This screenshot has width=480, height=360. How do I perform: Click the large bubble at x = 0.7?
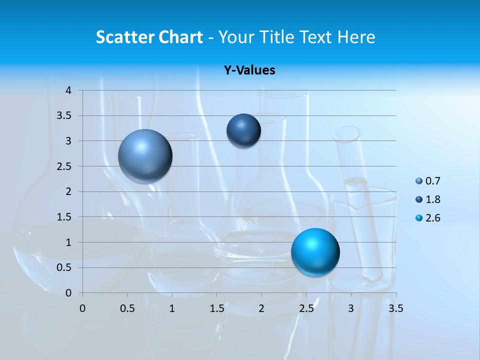[x=145, y=156]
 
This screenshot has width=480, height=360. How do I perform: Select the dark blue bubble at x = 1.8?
[x=243, y=130]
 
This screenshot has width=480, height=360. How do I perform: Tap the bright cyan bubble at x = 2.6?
[x=315, y=252]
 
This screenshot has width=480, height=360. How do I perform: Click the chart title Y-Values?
[x=249, y=70]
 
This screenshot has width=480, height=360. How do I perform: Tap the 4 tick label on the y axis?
[x=68, y=90]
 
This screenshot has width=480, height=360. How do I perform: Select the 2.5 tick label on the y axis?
[x=64, y=166]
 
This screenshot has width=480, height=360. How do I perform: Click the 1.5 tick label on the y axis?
[x=64, y=217]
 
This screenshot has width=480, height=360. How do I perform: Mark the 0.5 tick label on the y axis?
[x=64, y=267]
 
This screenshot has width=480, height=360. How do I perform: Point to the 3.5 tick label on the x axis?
[x=395, y=308]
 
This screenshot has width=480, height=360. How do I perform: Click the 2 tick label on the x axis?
[x=261, y=308]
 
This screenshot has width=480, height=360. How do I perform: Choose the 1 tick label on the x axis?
[x=172, y=308]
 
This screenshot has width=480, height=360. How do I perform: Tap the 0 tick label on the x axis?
[x=82, y=308]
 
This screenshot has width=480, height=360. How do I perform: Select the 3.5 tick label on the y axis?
[x=64, y=116]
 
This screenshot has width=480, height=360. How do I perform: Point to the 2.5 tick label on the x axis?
[x=306, y=308]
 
